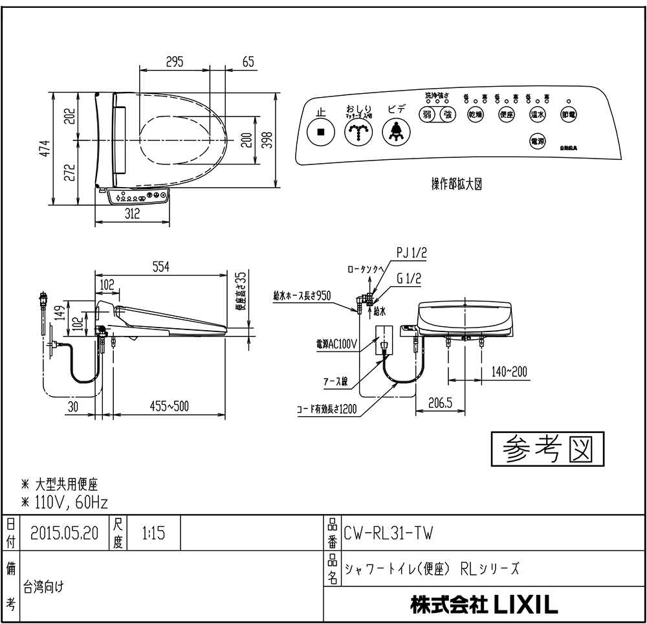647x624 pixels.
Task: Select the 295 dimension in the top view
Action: coord(175,62)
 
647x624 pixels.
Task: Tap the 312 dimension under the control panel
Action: coord(132,215)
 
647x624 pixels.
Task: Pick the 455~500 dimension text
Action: coord(169,406)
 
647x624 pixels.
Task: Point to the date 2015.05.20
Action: coord(65,533)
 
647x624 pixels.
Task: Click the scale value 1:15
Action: coord(153,533)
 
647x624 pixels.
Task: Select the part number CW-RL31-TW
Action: coord(389,533)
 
